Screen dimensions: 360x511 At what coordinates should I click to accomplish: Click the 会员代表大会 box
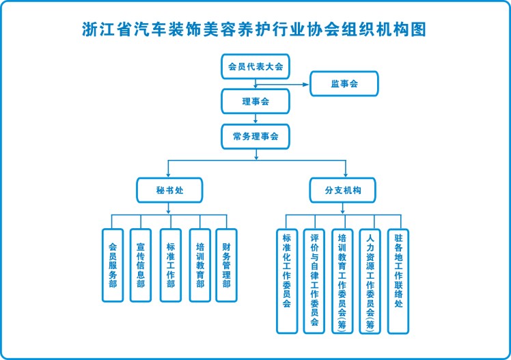(x=255, y=67)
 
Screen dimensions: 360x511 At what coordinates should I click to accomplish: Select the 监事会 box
(x=344, y=84)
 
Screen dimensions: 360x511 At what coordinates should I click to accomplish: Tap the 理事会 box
(x=255, y=101)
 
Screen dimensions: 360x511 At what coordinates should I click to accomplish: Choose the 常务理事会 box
(x=255, y=136)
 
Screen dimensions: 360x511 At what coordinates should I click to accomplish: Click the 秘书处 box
(x=169, y=189)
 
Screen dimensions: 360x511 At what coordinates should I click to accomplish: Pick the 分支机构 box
(x=346, y=189)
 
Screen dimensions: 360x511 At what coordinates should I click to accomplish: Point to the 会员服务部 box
(x=113, y=265)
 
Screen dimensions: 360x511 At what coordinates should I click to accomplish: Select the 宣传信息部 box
(x=140, y=265)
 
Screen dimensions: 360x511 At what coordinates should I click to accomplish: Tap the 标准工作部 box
(x=170, y=265)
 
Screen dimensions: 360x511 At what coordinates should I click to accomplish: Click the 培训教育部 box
(x=200, y=265)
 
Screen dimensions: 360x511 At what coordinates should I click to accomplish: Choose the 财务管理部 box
(x=226, y=265)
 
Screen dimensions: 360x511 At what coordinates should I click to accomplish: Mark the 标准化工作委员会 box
(x=287, y=281)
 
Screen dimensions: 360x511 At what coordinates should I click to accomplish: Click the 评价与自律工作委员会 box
(x=314, y=281)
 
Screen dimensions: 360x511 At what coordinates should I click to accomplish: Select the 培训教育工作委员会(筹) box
(x=342, y=281)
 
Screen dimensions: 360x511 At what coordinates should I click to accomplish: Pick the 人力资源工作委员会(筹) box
(x=370, y=281)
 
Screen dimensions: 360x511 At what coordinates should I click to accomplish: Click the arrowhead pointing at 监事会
(x=307, y=85)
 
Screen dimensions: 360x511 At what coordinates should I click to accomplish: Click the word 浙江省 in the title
(x=104, y=29)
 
